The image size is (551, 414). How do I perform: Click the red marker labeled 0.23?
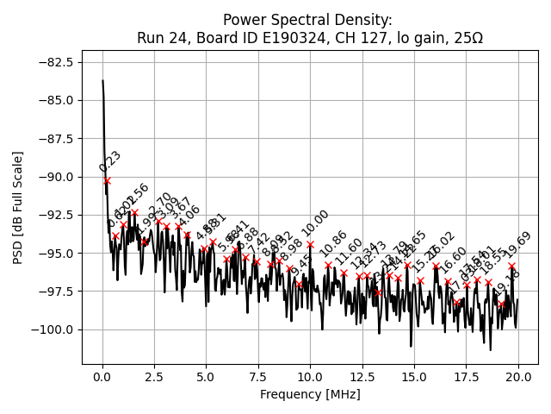[107, 180]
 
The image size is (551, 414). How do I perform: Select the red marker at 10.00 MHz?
[310, 244]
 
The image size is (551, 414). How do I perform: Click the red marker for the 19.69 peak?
[511, 266]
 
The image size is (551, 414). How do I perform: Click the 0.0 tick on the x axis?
[102, 376]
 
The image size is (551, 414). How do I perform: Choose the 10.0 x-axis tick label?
[310, 376]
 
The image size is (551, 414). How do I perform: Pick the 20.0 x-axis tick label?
[517, 376]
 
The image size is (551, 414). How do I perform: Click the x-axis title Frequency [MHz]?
[310, 394]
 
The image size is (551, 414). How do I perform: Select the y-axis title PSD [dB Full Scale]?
[17, 207]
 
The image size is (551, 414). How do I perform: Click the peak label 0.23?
[110, 161]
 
